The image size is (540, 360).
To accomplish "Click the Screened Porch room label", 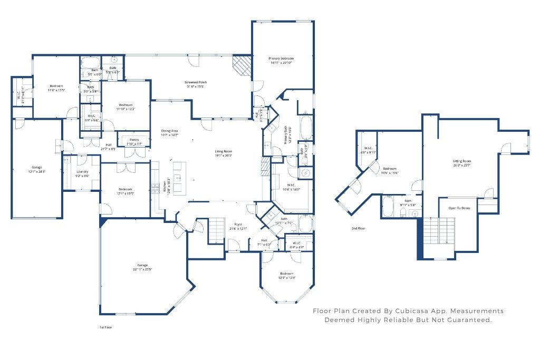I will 196,82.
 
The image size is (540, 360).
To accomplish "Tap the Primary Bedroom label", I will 281,59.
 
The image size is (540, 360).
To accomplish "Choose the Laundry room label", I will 82,171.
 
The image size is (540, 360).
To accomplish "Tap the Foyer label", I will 238,224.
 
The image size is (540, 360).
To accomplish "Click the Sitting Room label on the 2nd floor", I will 462,161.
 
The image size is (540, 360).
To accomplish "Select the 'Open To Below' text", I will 459,208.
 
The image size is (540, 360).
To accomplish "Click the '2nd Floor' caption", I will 359,228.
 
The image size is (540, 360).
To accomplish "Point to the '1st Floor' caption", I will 105,327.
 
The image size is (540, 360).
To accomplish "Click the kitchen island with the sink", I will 178,178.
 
